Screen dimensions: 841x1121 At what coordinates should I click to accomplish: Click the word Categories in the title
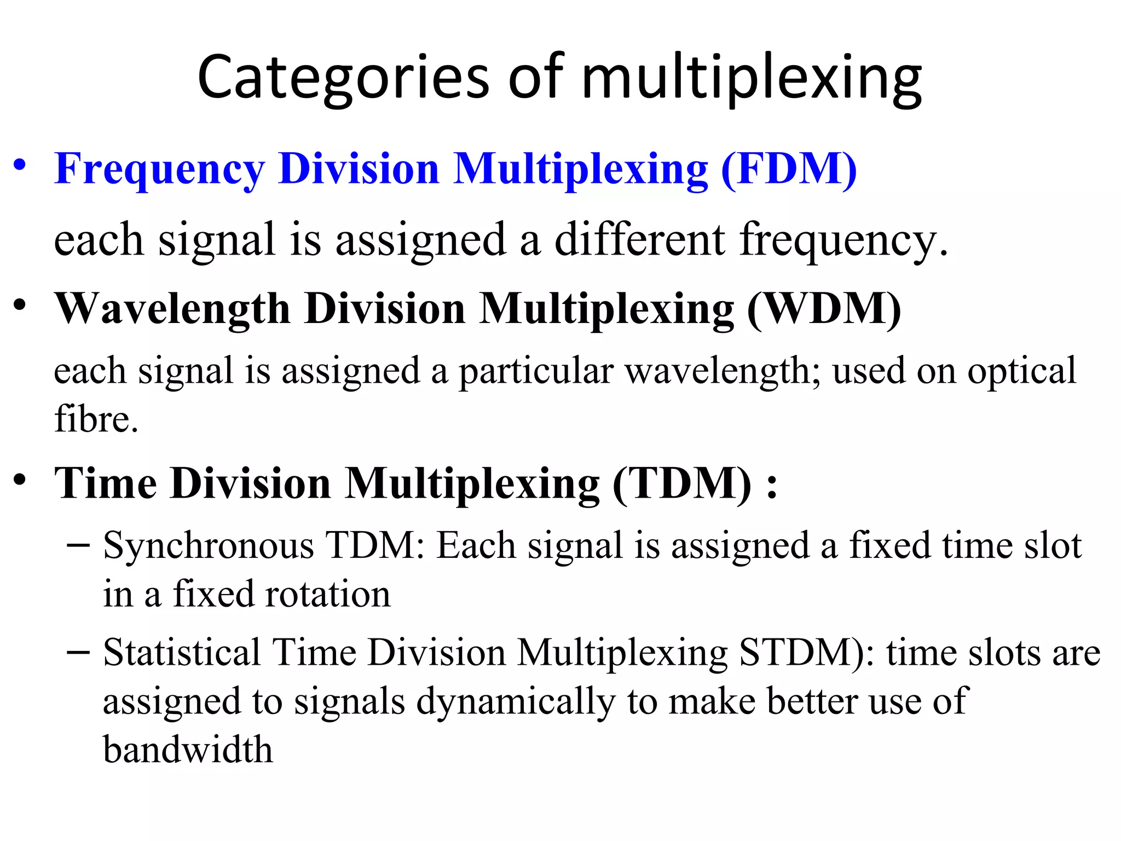pyautogui.click(x=343, y=78)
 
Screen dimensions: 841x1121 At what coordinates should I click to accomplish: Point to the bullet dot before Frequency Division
pyautogui.click(x=20, y=165)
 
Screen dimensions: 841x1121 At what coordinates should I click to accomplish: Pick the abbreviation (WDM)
pyautogui.click(x=824, y=309)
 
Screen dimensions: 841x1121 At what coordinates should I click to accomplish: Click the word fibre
pyautogui.click(x=96, y=419)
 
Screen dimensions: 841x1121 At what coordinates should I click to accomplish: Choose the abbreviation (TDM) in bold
pyautogui.click(x=682, y=484)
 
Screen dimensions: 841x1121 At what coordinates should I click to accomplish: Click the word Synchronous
pyautogui.click(x=209, y=546)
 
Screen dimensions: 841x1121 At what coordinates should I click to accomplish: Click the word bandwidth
pyautogui.click(x=188, y=750)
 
